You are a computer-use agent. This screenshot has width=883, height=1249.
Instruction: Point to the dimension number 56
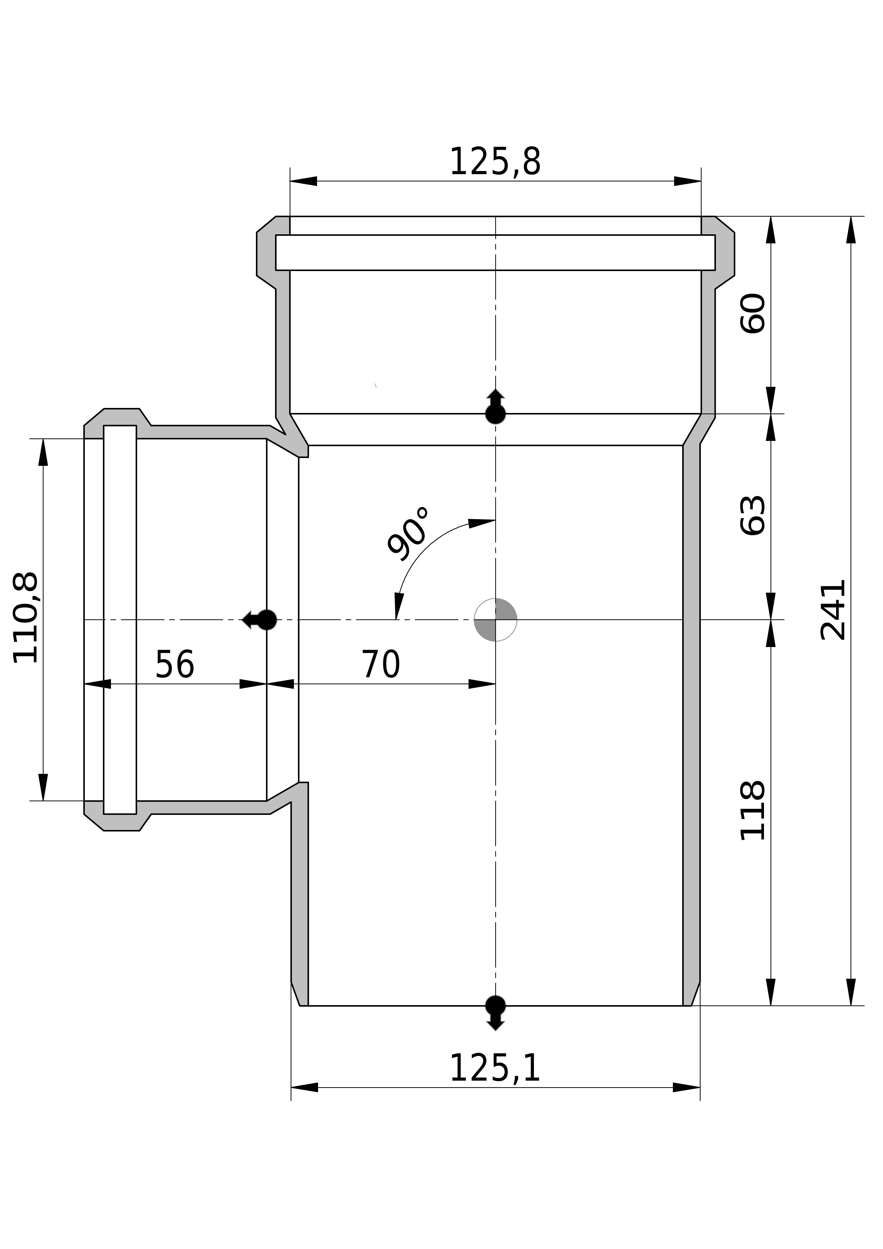click(x=175, y=665)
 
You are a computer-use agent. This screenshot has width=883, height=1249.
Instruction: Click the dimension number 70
click(x=381, y=665)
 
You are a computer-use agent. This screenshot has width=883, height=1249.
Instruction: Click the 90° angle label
click(x=408, y=535)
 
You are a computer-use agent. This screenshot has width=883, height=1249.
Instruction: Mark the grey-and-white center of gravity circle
click(x=495, y=620)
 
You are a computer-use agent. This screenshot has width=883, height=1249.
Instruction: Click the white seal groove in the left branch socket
click(x=120, y=620)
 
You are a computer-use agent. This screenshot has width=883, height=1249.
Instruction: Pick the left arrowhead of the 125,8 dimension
click(x=303, y=181)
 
